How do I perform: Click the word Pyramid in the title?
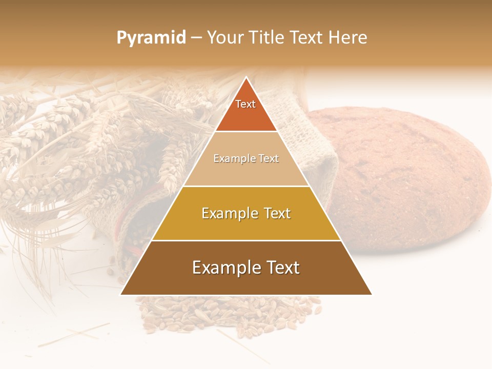[151, 38]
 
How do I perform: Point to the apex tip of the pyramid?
[247, 78]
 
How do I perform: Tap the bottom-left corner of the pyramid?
[121, 294]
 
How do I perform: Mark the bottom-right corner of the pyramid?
[371, 294]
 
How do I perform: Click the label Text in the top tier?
[245, 104]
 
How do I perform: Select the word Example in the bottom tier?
[223, 268]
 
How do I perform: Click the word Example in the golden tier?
[228, 213]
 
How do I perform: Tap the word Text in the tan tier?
[269, 158]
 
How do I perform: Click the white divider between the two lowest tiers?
[246, 240]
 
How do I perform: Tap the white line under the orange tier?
[246, 131]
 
